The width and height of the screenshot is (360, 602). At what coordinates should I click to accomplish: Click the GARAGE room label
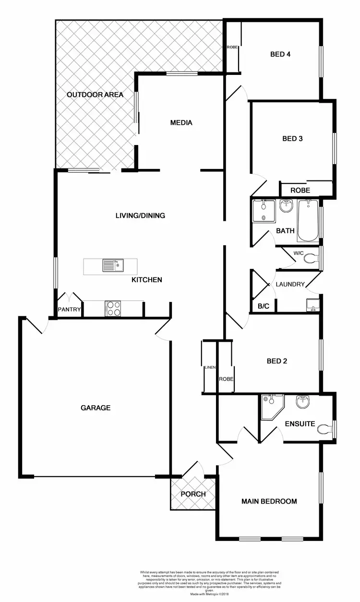pyautogui.click(x=96, y=408)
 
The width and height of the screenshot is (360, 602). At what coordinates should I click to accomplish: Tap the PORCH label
pyautogui.click(x=193, y=494)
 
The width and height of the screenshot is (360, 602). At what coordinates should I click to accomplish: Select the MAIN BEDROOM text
pyautogui.click(x=269, y=501)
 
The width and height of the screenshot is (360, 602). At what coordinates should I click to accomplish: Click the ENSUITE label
pyautogui.click(x=300, y=424)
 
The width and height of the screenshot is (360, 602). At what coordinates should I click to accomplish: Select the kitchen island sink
pyautogui.click(x=113, y=265)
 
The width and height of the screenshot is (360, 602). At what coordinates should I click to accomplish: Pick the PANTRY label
pyautogui.click(x=69, y=310)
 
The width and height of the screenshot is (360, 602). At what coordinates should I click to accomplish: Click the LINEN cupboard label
pyautogui.click(x=209, y=368)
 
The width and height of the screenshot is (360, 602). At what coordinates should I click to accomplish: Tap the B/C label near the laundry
pyautogui.click(x=263, y=306)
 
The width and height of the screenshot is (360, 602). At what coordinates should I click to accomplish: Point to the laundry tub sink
pyautogui.click(x=313, y=304)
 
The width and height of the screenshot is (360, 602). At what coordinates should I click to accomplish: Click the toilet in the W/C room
pyautogui.click(x=312, y=258)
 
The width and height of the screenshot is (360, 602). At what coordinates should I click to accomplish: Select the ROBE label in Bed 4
pyautogui.click(x=232, y=48)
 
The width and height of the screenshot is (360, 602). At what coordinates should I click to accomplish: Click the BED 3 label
pyautogui.click(x=292, y=139)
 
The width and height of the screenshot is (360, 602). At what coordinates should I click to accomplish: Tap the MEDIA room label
pyautogui.click(x=181, y=122)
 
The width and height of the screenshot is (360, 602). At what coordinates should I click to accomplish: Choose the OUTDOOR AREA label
pyautogui.click(x=95, y=95)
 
